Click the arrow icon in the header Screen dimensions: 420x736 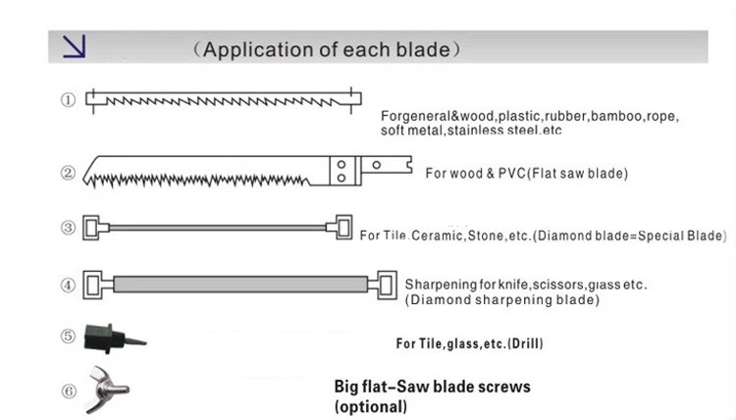75,47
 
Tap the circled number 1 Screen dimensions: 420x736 68,100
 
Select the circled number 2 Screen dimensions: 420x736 68,173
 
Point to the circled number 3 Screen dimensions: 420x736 68,228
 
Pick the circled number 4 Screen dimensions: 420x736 68,286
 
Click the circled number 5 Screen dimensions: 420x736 68,336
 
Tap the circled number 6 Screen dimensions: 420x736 68,390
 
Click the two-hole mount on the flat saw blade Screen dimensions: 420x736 341,172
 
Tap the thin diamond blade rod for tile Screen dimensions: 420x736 216,227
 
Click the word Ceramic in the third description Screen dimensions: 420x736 437,236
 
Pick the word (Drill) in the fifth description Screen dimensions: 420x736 523,343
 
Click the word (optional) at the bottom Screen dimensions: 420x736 370,406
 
